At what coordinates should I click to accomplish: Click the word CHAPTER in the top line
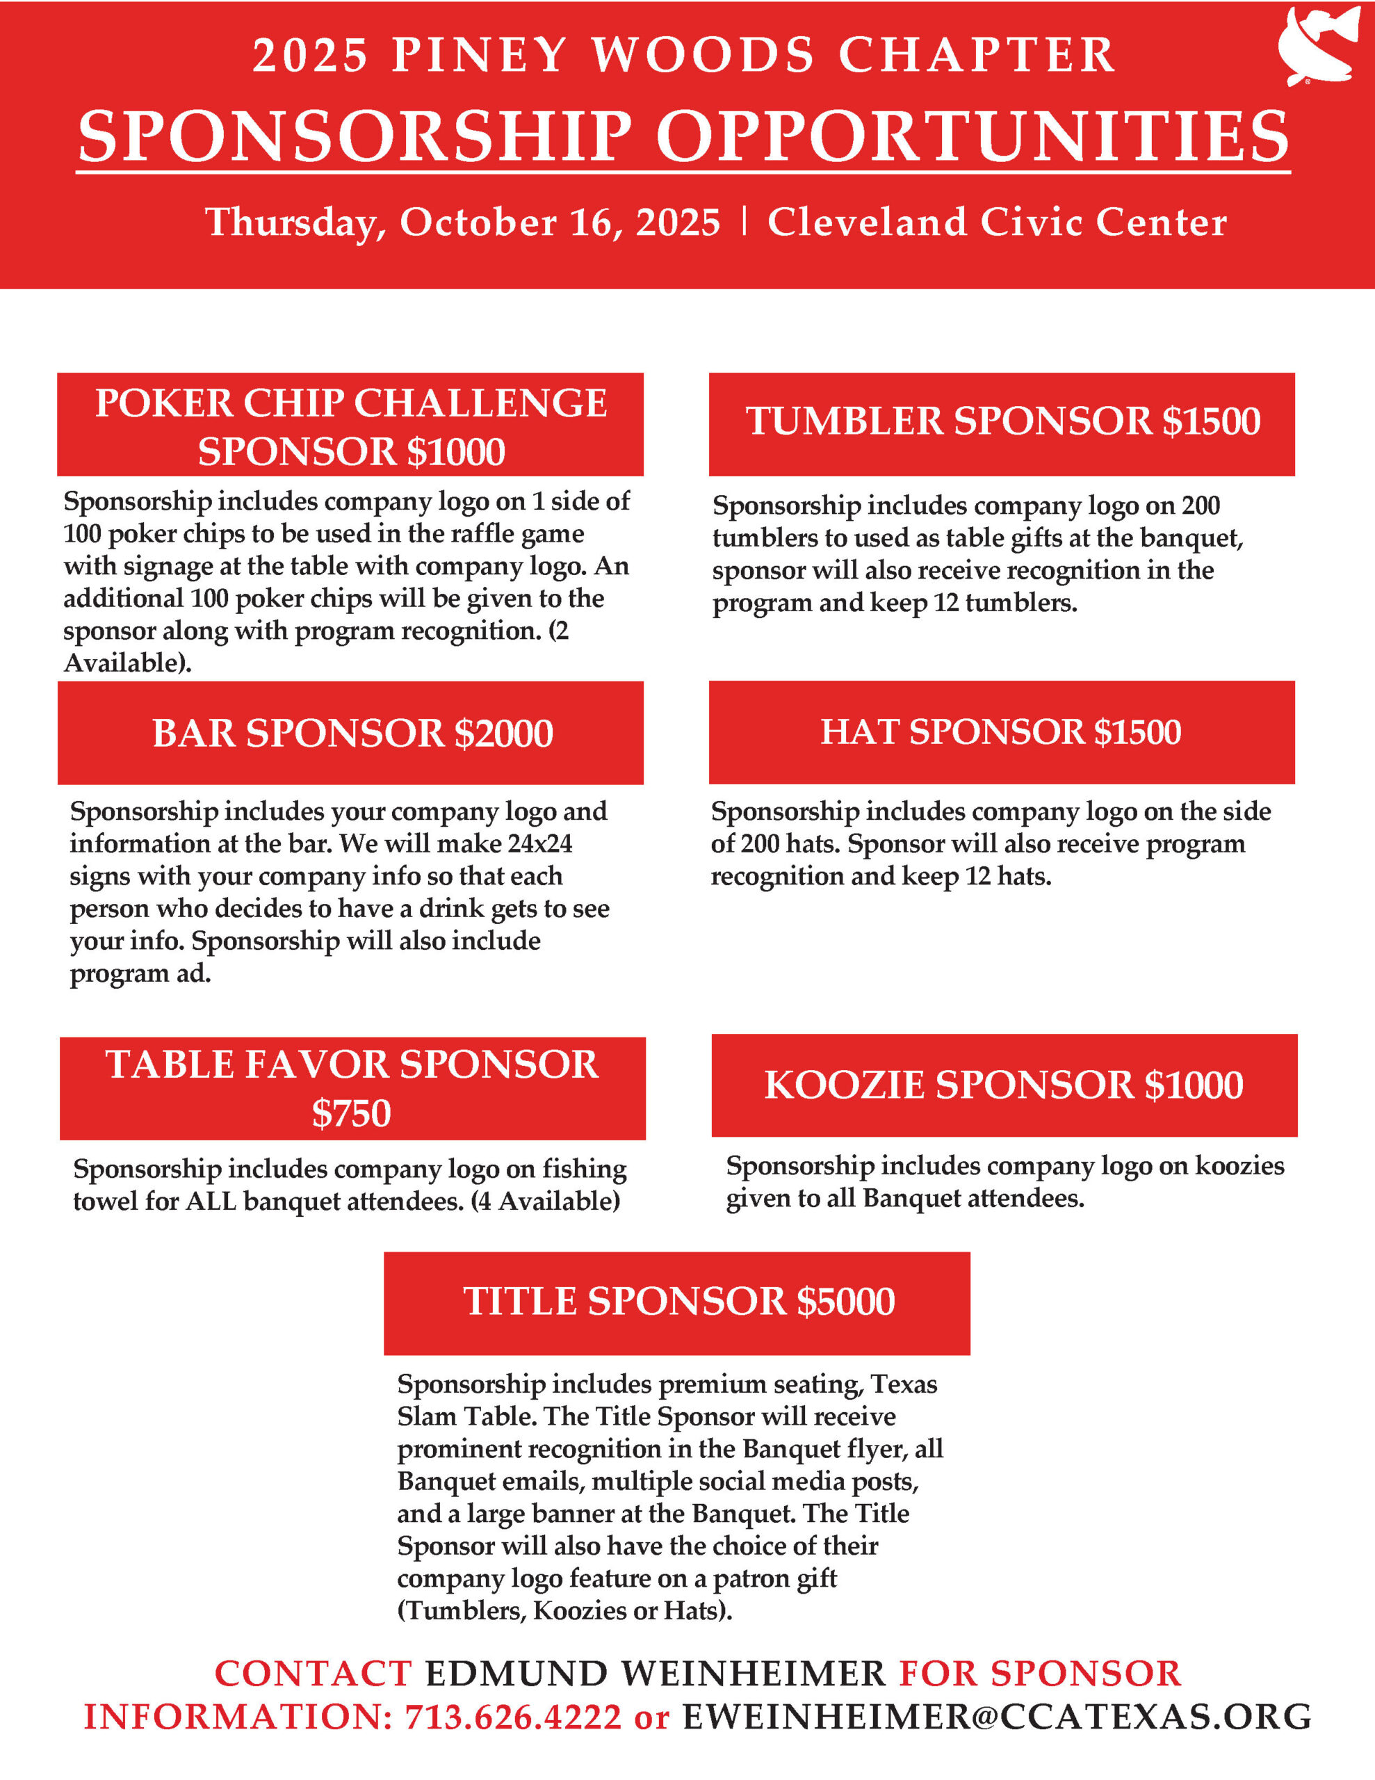coord(977,56)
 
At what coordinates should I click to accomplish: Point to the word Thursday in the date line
coord(294,222)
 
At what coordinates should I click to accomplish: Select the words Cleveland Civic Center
coord(997,222)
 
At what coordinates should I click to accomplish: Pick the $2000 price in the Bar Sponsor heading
coord(504,734)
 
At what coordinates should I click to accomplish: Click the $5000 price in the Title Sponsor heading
coord(845,1301)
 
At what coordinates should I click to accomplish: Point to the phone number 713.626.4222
coord(514,1717)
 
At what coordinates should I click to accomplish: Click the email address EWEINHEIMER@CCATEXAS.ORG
coord(997,1717)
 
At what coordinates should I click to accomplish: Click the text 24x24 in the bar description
coord(539,843)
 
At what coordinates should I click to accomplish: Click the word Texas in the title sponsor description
coord(904,1384)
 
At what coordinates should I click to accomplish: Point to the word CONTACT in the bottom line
coord(313,1674)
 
